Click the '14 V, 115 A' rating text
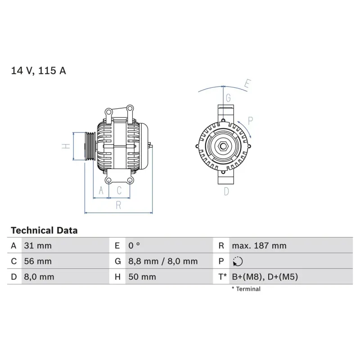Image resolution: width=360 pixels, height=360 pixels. coord(38,71)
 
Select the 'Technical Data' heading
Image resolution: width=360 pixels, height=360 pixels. coord(44,230)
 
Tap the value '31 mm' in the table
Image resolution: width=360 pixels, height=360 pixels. coord(37,246)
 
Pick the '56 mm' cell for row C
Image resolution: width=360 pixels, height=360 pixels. coord(37,261)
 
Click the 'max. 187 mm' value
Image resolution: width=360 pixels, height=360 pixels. coord(259,246)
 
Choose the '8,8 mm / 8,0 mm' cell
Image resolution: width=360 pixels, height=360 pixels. coord(162,261)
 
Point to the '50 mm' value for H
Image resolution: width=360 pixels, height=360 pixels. coord(142,277)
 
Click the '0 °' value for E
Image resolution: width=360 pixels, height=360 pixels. coord(134,246)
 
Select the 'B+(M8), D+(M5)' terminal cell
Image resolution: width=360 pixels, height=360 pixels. coord(265,277)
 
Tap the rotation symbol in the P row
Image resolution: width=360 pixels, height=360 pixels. coord(238,261)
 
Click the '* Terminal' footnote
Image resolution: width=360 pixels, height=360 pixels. coord(246,289)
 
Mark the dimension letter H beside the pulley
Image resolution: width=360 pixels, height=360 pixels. coord(65,146)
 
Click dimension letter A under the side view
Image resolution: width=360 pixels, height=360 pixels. coord(101,191)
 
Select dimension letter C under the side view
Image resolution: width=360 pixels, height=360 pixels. coord(119,191)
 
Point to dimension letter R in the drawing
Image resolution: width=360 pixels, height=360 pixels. coord(118,205)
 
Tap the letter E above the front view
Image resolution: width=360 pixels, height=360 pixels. coord(247,84)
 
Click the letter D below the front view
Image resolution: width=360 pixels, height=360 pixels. coord(226,192)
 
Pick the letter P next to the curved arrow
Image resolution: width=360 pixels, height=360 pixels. coord(251,120)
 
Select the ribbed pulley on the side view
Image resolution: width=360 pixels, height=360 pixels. coord(90,146)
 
